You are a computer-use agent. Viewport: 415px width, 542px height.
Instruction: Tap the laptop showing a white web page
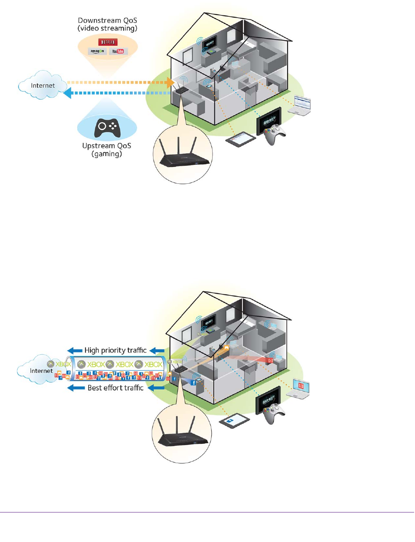pyautogui.click(x=300, y=105)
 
